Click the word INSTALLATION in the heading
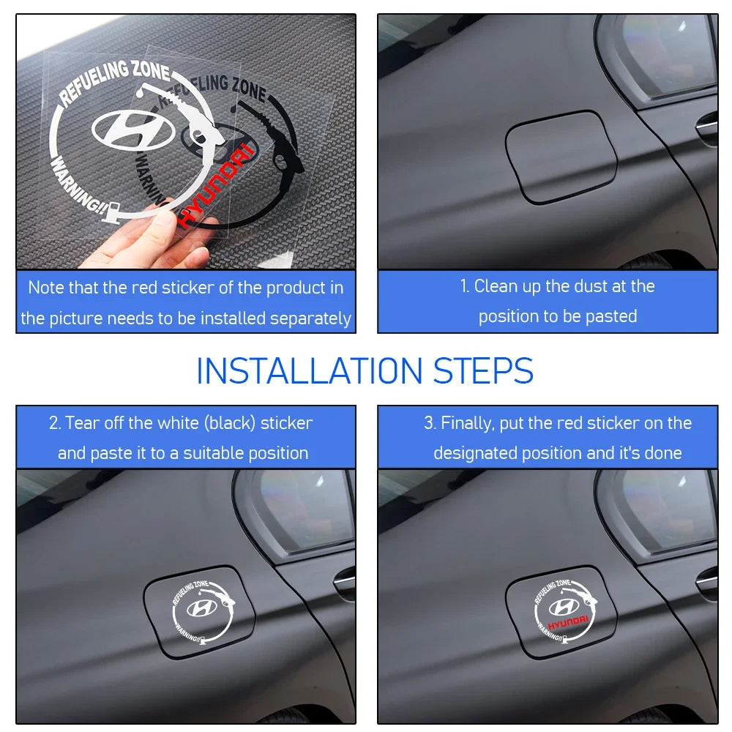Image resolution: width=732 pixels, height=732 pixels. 309,371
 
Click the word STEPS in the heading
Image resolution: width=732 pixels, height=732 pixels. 483,371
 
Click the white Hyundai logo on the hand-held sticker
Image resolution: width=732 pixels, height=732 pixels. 133,130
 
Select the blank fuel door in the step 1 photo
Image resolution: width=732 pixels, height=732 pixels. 561,157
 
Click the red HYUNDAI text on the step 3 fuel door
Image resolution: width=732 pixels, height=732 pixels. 568,622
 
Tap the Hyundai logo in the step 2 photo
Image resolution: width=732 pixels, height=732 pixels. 202,608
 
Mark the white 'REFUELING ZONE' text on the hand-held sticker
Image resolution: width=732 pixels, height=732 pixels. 114,82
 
